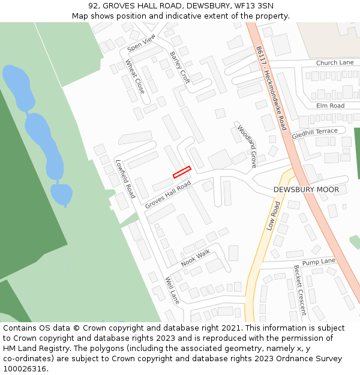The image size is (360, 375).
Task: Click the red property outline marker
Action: tap(182, 172)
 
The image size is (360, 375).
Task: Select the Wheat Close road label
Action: tap(135, 77)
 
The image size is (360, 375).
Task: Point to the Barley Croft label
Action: tap(179, 67)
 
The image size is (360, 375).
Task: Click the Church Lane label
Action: tap(335, 62)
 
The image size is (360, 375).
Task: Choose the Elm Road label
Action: tap(330, 106)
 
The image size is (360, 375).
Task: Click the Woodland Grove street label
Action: tap(247, 146)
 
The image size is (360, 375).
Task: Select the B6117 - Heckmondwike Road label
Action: tap(271, 88)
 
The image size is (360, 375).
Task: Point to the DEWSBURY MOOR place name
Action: tap(306, 190)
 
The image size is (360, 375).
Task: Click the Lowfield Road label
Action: tap(125, 179)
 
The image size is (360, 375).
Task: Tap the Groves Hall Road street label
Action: tap(167, 196)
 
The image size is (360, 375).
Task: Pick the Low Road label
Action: tap(274, 216)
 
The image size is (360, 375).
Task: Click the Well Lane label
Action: tap(172, 290)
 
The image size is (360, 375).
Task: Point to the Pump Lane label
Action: tap(319, 262)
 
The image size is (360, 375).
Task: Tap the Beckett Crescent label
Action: tap(299, 290)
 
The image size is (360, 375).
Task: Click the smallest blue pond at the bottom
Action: tap(61, 194)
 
